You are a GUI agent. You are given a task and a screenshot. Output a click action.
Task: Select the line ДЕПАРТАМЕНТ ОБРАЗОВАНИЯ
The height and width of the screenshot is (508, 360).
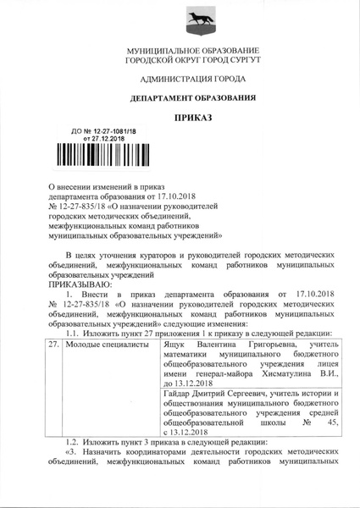(180, 98)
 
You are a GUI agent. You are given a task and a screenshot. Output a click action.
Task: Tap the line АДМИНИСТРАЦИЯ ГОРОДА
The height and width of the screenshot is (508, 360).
(180, 79)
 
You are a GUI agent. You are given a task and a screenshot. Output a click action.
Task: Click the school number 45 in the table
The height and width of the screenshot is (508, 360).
(331, 422)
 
